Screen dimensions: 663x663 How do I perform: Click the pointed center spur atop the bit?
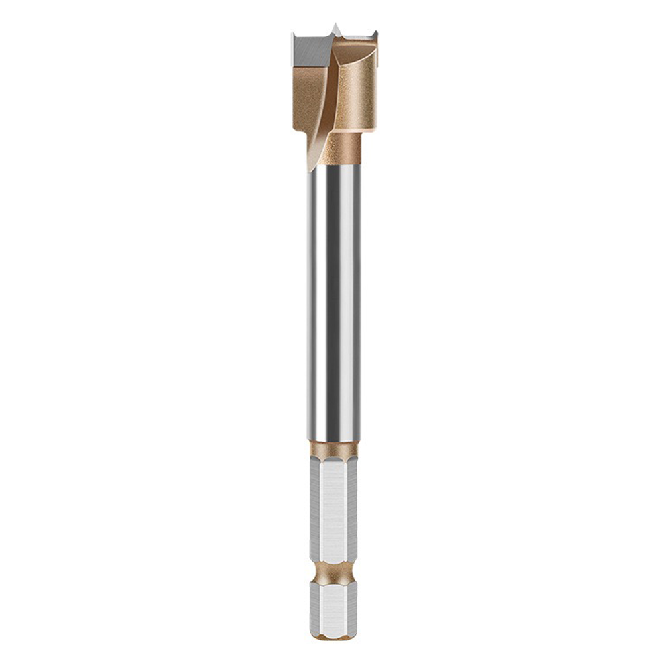click(x=336, y=29)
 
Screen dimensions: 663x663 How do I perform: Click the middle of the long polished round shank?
click(x=333, y=298)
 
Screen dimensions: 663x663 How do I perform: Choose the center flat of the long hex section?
click(x=331, y=511)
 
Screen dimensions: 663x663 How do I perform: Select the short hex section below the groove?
click(x=333, y=607)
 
